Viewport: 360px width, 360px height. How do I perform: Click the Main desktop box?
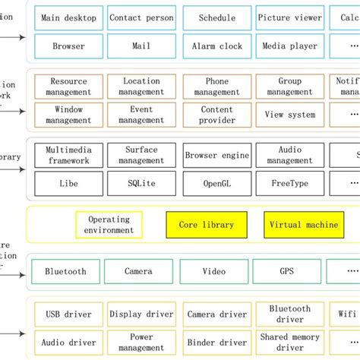69,17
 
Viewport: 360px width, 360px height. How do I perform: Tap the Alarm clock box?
216,46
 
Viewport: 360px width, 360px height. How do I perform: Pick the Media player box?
289,46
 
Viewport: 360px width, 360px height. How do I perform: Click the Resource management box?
69,87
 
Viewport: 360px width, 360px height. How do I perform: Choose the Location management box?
141,87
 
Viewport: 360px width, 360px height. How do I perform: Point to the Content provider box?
216,115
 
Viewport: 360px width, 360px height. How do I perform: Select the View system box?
289,115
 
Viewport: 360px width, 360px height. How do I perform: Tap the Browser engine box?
216,155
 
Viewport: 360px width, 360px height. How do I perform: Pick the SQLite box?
141,184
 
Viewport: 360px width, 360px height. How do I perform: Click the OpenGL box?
216,184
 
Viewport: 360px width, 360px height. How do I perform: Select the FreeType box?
289,184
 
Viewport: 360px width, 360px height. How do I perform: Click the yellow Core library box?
207,225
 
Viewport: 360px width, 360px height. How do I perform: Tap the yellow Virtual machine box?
303,225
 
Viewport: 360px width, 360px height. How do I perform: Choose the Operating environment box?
109,225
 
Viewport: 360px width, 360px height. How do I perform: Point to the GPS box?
287,271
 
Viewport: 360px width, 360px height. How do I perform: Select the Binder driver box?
216,343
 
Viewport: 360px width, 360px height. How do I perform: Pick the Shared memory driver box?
289,343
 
